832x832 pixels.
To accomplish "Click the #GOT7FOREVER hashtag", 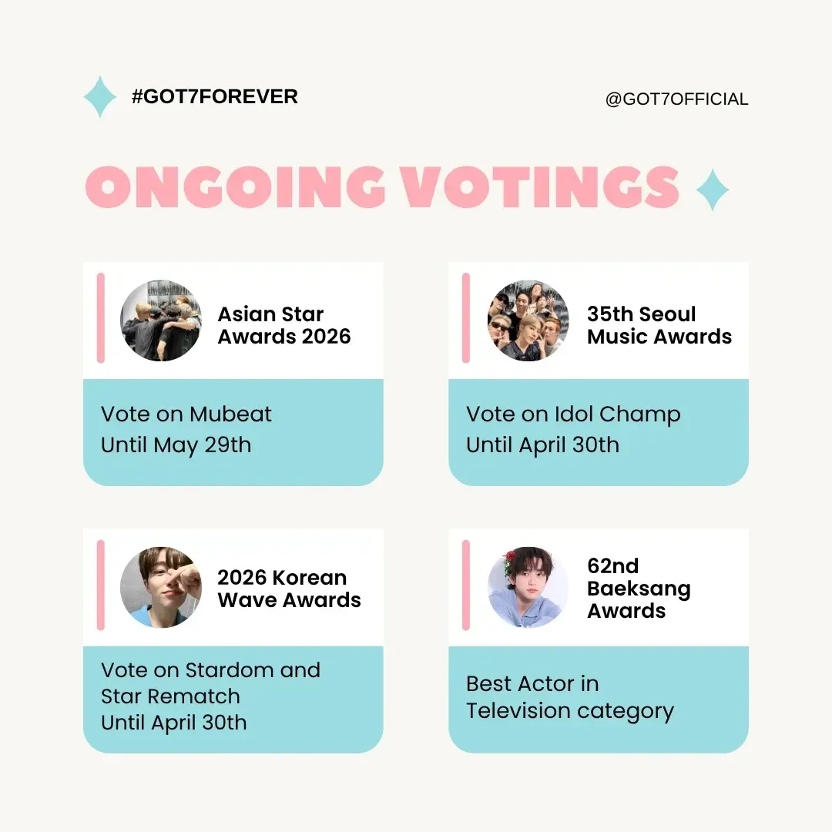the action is pos(215,96).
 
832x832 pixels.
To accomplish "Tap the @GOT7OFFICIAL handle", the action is pos(676,99).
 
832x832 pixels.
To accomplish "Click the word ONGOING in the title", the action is pos(235,186).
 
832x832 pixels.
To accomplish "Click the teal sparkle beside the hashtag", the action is pos(99,96).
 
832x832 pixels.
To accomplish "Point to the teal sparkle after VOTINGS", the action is pos(712,190).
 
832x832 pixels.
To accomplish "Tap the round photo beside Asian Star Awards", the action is pos(161,320).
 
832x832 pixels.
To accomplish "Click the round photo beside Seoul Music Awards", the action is pos(528,320).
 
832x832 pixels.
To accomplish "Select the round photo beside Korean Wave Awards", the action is pos(161,587).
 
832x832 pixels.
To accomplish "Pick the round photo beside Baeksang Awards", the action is pos(528,587).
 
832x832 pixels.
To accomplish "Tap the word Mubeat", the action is pos(230,414).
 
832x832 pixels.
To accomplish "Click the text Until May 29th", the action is pos(176,445).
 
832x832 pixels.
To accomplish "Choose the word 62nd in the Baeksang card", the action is pos(613,566).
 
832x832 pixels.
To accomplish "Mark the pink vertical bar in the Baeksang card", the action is pos(466,585).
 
